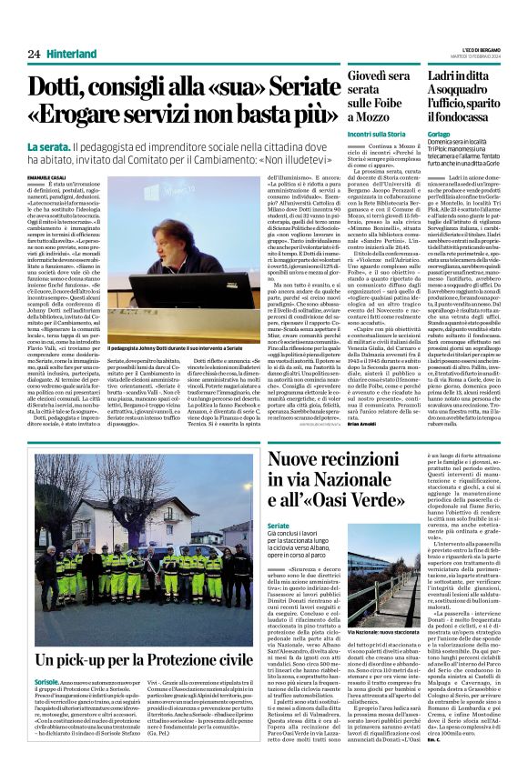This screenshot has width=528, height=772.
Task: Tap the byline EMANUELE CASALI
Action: point(48,175)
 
